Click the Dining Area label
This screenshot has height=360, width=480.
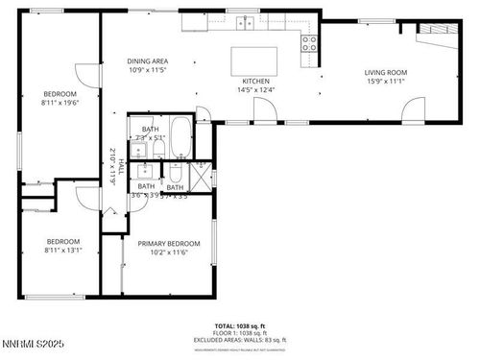tap(147, 60)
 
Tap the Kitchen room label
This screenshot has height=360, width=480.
tap(254, 81)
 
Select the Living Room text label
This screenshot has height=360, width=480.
tap(385, 72)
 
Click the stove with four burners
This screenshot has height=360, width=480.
tap(310, 42)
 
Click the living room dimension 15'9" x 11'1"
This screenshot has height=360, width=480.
tap(385, 82)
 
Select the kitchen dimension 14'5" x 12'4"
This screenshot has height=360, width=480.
tap(254, 90)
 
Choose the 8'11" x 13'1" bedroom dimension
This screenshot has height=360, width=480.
tap(63, 251)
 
